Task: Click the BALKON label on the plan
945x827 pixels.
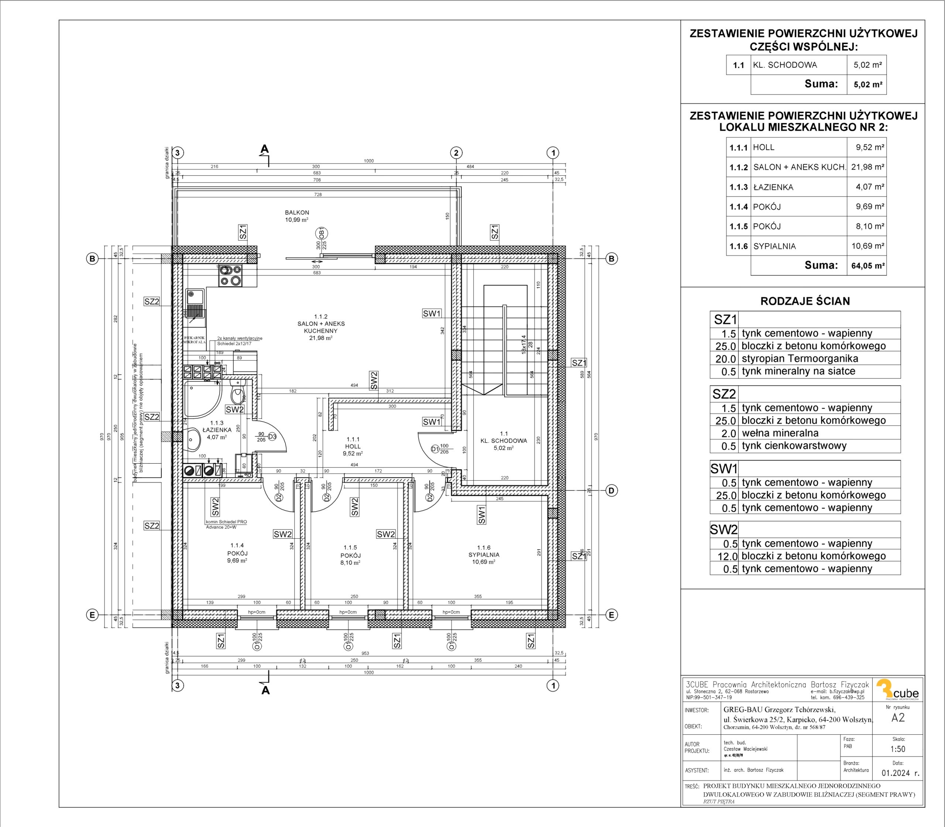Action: pyautogui.click(x=297, y=213)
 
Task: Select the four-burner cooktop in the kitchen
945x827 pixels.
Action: pyautogui.click(x=230, y=277)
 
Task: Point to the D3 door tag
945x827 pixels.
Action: pyautogui.click(x=272, y=436)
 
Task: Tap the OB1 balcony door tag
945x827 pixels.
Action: pyautogui.click(x=322, y=232)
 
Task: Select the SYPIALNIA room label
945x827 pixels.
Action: pyautogui.click(x=484, y=555)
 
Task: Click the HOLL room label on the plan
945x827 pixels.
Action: pyautogui.click(x=353, y=447)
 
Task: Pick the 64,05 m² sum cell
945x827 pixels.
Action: pyautogui.click(x=867, y=266)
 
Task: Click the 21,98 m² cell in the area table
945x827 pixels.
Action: pyautogui.click(x=867, y=167)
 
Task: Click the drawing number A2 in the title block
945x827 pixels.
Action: pyautogui.click(x=898, y=718)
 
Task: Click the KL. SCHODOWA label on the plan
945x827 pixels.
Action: pyautogui.click(x=504, y=441)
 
